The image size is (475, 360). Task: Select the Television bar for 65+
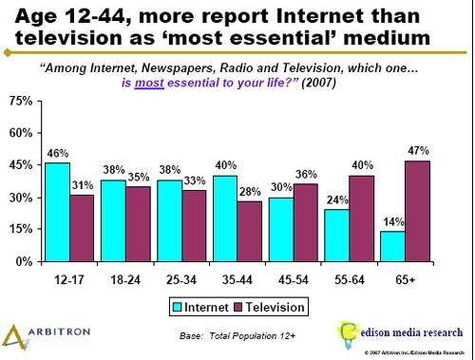418,210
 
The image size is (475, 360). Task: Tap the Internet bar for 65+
392,245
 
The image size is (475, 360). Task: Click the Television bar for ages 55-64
359,218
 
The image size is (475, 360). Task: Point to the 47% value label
418,150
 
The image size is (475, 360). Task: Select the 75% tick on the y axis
20,101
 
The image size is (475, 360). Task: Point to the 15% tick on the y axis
20,229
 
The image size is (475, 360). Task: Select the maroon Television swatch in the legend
240,307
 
